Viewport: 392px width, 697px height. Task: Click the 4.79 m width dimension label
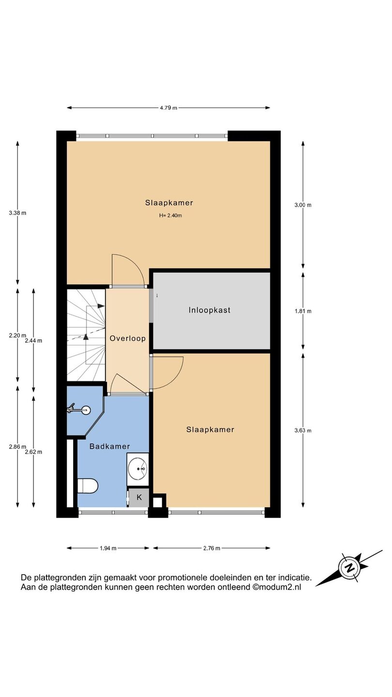(x=168, y=108)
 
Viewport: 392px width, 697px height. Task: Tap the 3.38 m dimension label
(x=17, y=213)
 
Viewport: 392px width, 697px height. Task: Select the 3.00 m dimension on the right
(x=303, y=205)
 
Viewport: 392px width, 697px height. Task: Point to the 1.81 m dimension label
(x=303, y=311)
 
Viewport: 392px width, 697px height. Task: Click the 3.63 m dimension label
(x=303, y=431)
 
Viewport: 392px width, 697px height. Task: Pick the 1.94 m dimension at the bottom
(x=108, y=548)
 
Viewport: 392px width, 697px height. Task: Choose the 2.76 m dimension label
(x=211, y=548)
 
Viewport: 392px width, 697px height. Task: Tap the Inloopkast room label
(x=210, y=310)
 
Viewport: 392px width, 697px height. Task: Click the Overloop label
(x=128, y=338)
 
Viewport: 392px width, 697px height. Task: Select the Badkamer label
(x=109, y=446)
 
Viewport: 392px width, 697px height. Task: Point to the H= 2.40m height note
(x=170, y=215)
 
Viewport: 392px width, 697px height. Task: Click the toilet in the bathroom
(x=88, y=486)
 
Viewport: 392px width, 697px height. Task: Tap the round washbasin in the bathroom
(x=137, y=469)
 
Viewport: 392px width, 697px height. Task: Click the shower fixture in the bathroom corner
(x=79, y=409)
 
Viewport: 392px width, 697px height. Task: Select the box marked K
(x=139, y=497)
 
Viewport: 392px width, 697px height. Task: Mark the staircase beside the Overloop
(x=86, y=335)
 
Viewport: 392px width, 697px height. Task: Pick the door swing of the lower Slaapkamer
(x=167, y=373)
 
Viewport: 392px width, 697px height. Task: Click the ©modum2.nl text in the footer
(x=277, y=587)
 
